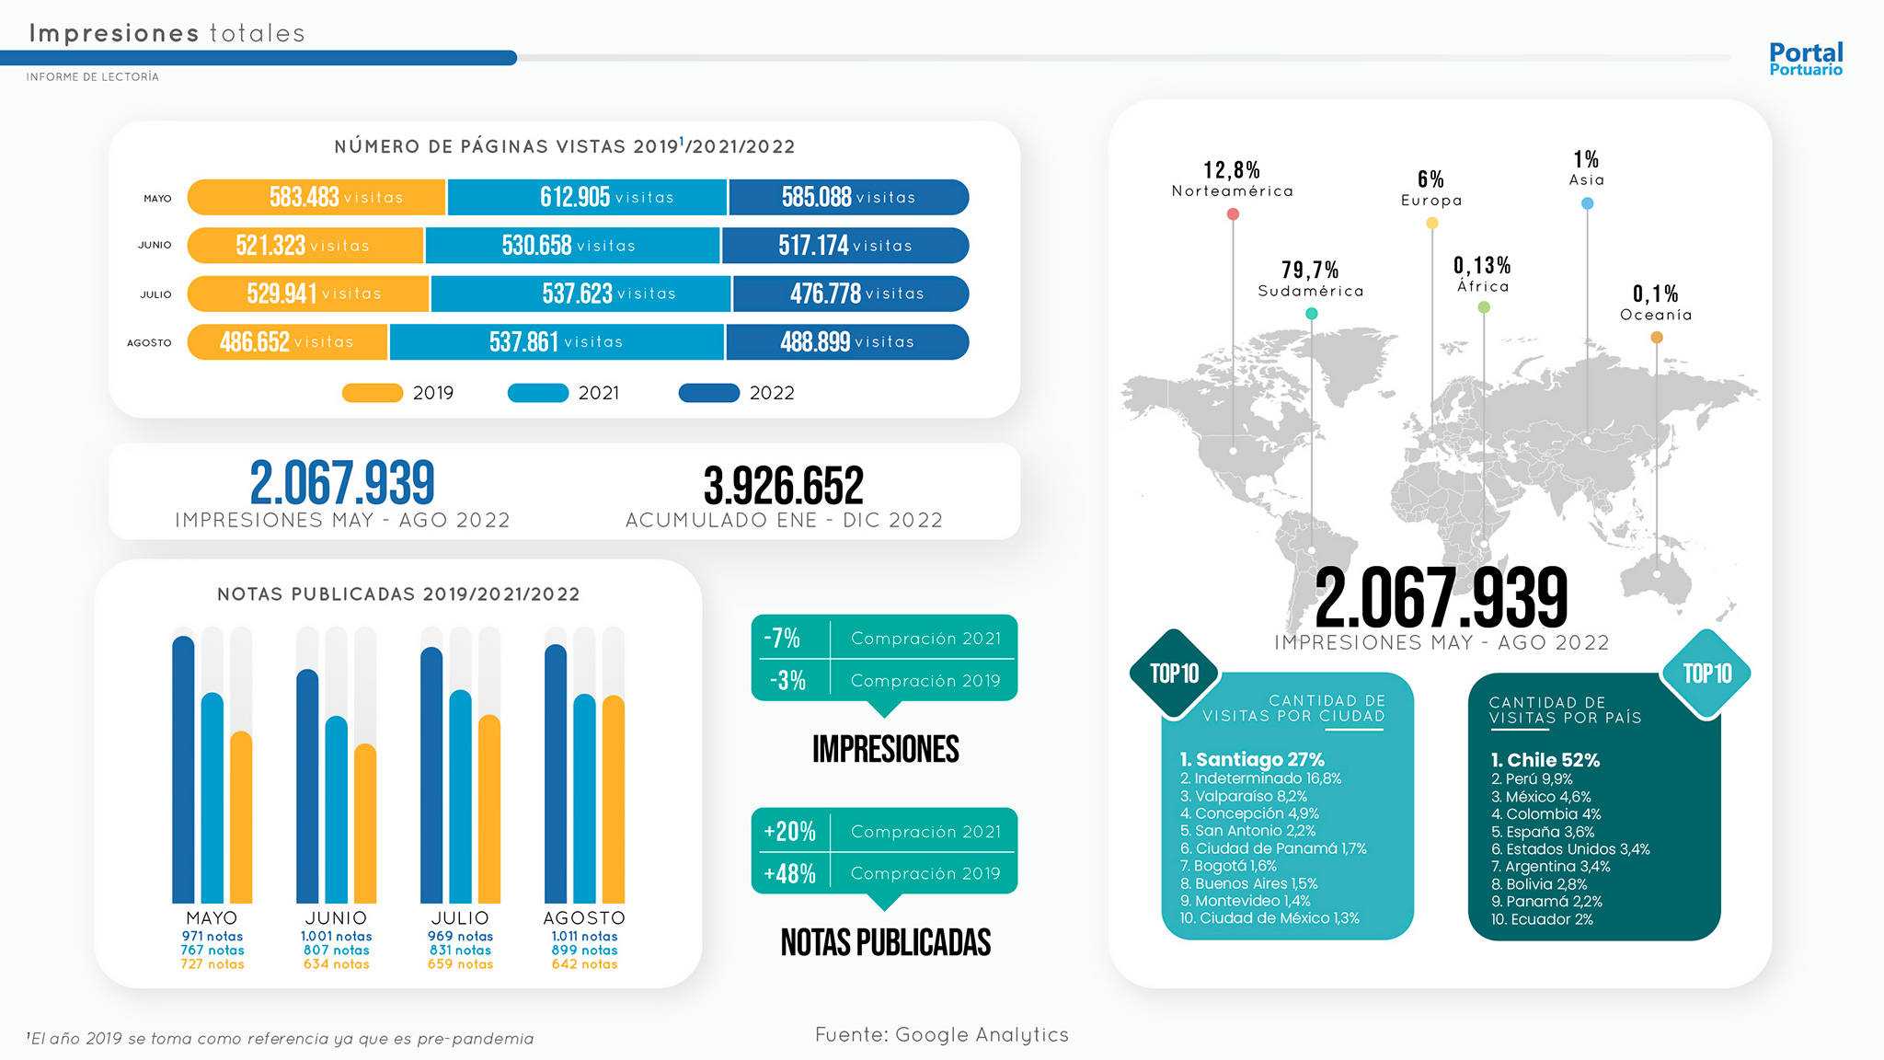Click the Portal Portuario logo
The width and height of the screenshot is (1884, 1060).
pos(1805,59)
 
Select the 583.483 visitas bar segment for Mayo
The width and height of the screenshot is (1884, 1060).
pos(317,198)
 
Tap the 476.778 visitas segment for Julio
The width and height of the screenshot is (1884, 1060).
pos(850,294)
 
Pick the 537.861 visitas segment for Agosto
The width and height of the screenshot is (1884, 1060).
pos(557,342)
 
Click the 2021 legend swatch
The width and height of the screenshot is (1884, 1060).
pos(538,393)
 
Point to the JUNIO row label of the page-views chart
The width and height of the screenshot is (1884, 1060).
pos(155,246)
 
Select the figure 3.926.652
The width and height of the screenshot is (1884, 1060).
pos(784,486)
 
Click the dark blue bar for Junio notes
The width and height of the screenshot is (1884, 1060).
pos(307,786)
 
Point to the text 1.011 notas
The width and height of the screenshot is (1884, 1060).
pos(584,937)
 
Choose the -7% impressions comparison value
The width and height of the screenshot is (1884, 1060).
pos(782,638)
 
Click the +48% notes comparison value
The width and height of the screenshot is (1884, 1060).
pos(789,873)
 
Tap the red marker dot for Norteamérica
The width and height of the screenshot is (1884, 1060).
pos(1233,214)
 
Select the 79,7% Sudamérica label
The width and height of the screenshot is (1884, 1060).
pos(1310,279)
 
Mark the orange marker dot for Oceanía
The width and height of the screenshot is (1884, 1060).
pos(1657,338)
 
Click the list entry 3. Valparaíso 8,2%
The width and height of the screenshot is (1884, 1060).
pos(1244,797)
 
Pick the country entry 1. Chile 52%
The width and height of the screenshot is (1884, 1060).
pos(1545,760)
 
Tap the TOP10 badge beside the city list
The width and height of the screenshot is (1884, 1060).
pos(1175,674)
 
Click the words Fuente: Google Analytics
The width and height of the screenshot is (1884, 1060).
pos(942,1035)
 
